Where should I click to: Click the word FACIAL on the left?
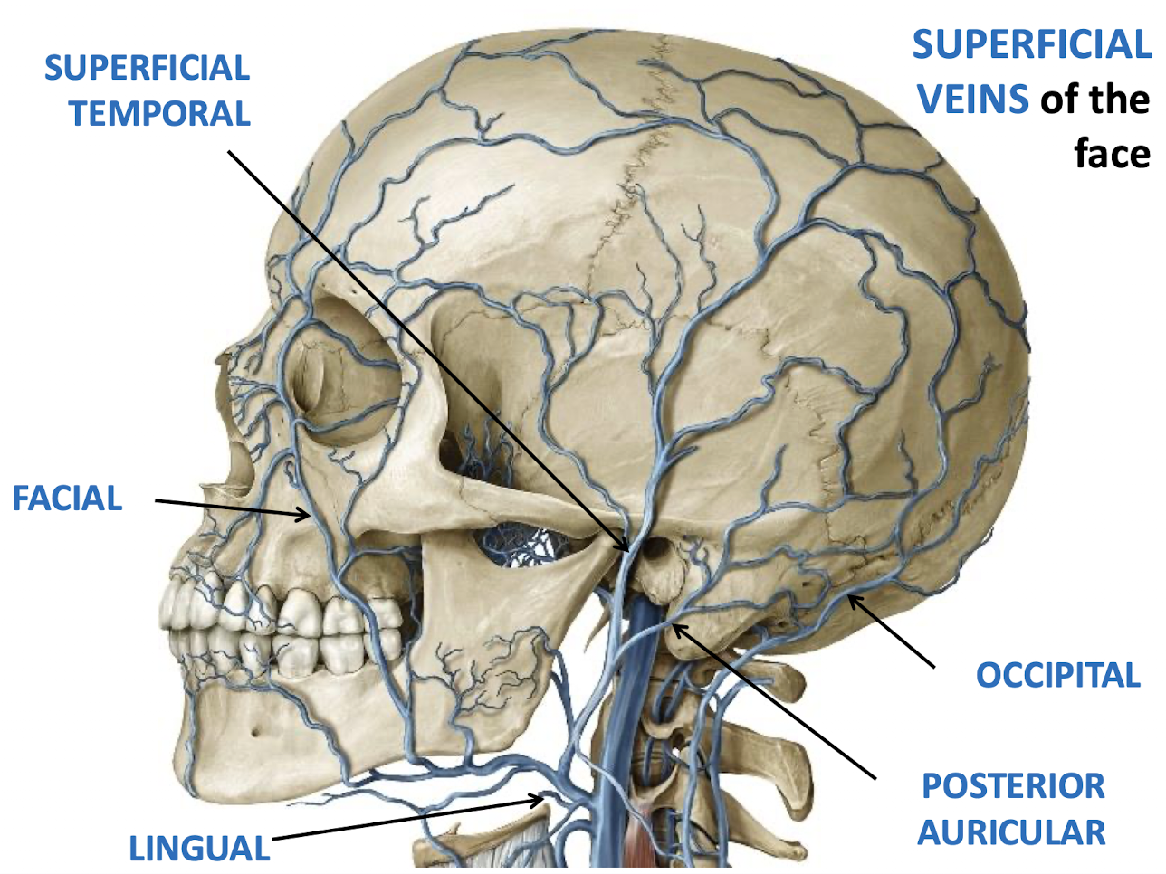[x=67, y=499]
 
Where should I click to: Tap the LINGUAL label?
[x=199, y=848]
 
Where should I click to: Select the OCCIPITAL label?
[x=1057, y=675]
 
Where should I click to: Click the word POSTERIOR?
[x=1013, y=785]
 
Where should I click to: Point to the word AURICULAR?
[x=1011, y=831]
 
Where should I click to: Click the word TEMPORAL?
[x=159, y=114]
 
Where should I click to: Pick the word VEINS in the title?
[x=973, y=100]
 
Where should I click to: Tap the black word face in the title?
[x=1112, y=154]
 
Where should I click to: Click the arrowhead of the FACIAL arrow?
[x=308, y=516]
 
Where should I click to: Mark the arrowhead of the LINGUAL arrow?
[x=542, y=798]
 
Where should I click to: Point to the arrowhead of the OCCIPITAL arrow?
[x=850, y=597]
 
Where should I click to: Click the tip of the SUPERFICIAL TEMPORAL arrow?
[x=626, y=548]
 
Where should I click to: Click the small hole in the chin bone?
[x=257, y=728]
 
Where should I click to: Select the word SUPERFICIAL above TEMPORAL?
[x=147, y=68]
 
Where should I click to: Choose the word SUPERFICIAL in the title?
[x=1031, y=45]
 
